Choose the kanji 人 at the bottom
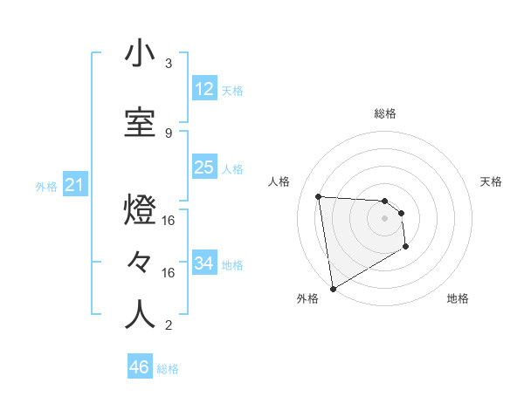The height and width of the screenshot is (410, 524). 140,314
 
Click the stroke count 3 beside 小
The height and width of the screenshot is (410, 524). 169,64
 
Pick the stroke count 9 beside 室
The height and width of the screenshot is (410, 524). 169,133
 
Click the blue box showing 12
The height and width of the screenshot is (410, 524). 204,88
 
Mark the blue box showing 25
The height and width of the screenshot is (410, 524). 204,167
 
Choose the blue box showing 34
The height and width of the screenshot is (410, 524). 204,263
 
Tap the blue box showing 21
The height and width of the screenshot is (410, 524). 74,185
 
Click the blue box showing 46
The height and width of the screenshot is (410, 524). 140,367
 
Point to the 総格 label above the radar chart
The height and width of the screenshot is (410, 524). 385,113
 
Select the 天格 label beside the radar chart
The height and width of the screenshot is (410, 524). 491,181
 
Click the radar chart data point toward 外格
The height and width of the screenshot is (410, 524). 333,288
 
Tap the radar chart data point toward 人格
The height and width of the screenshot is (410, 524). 319,196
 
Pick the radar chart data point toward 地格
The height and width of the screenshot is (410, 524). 406,247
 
